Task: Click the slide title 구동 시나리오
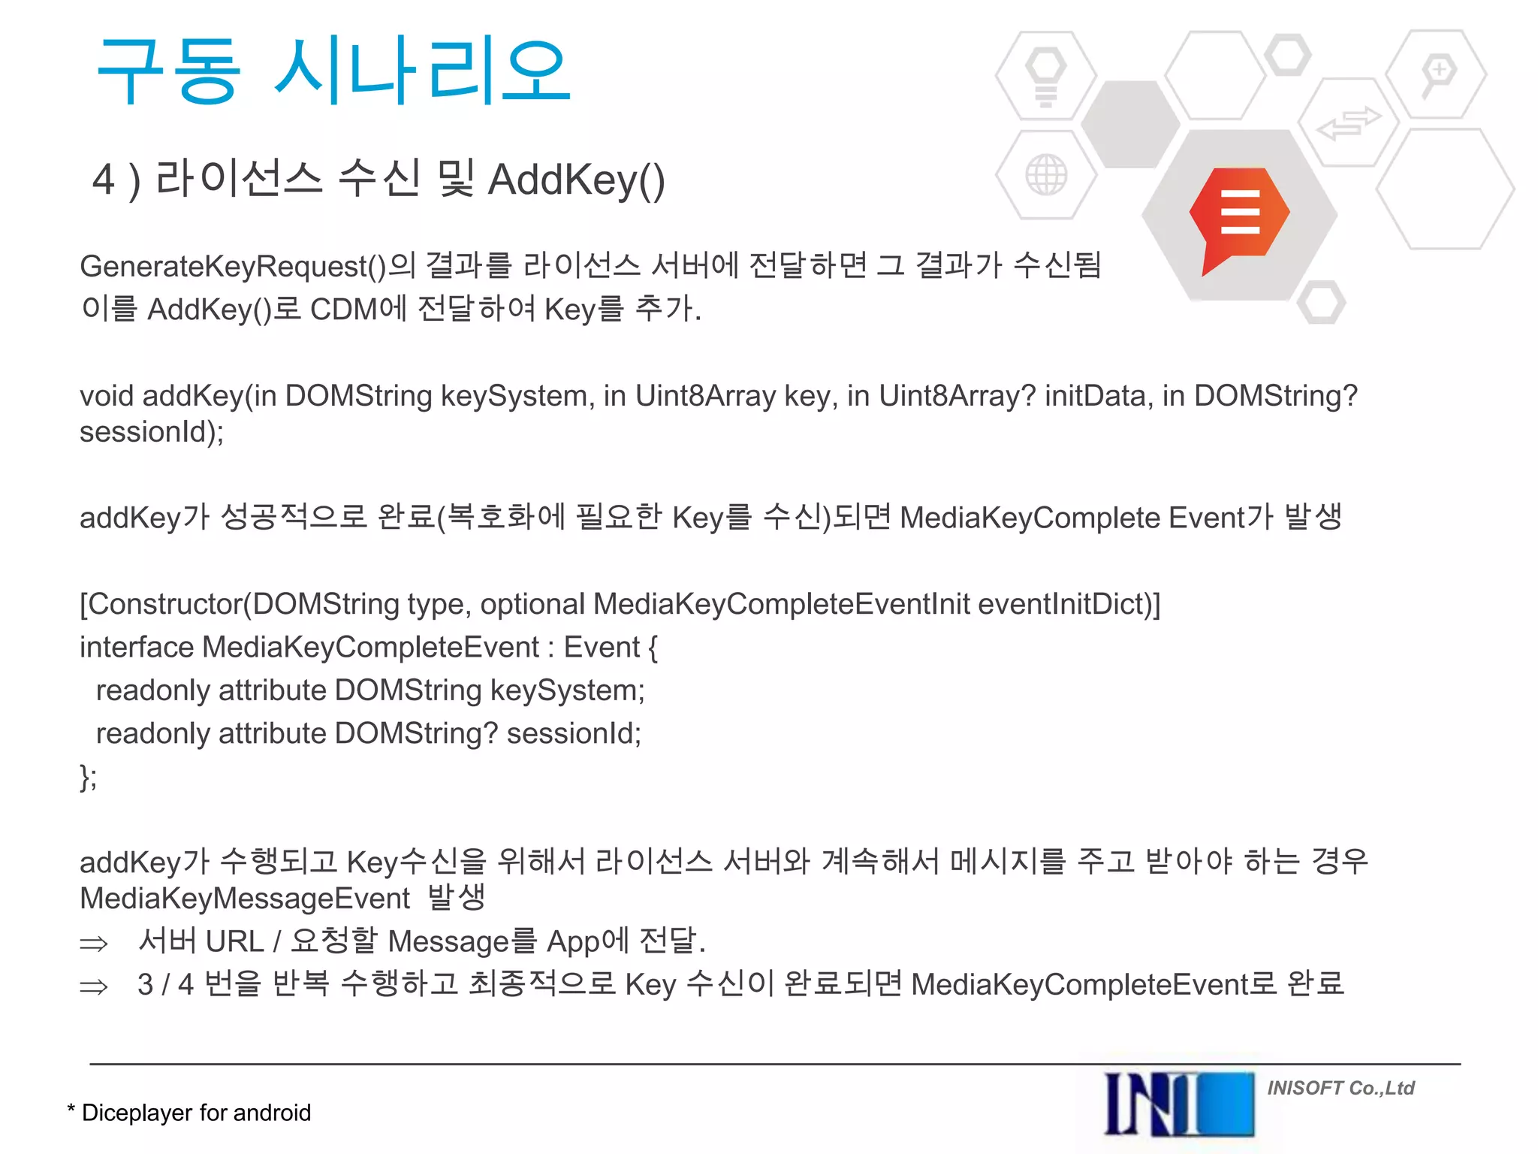point(334,71)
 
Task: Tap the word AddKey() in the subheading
point(576,180)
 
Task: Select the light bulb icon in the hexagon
point(1046,75)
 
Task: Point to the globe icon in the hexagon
point(1046,175)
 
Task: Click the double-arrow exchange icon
point(1349,123)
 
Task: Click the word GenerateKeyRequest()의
point(248,267)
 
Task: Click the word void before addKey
point(107,396)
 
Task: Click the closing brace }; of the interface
point(88,777)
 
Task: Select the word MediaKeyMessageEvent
point(245,899)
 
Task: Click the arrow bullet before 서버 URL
point(94,944)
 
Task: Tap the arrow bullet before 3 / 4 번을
point(94,986)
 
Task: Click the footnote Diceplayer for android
point(195,1113)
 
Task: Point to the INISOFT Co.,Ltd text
point(1340,1088)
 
